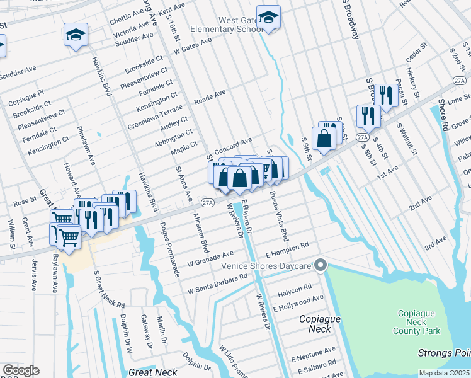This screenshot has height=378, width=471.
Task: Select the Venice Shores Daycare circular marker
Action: [x=321, y=265]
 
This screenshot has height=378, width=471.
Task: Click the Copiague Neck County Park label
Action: [x=419, y=322]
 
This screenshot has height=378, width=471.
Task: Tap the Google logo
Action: [x=20, y=370]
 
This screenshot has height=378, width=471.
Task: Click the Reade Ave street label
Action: [x=210, y=97]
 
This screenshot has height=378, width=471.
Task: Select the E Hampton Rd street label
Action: [x=287, y=250]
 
